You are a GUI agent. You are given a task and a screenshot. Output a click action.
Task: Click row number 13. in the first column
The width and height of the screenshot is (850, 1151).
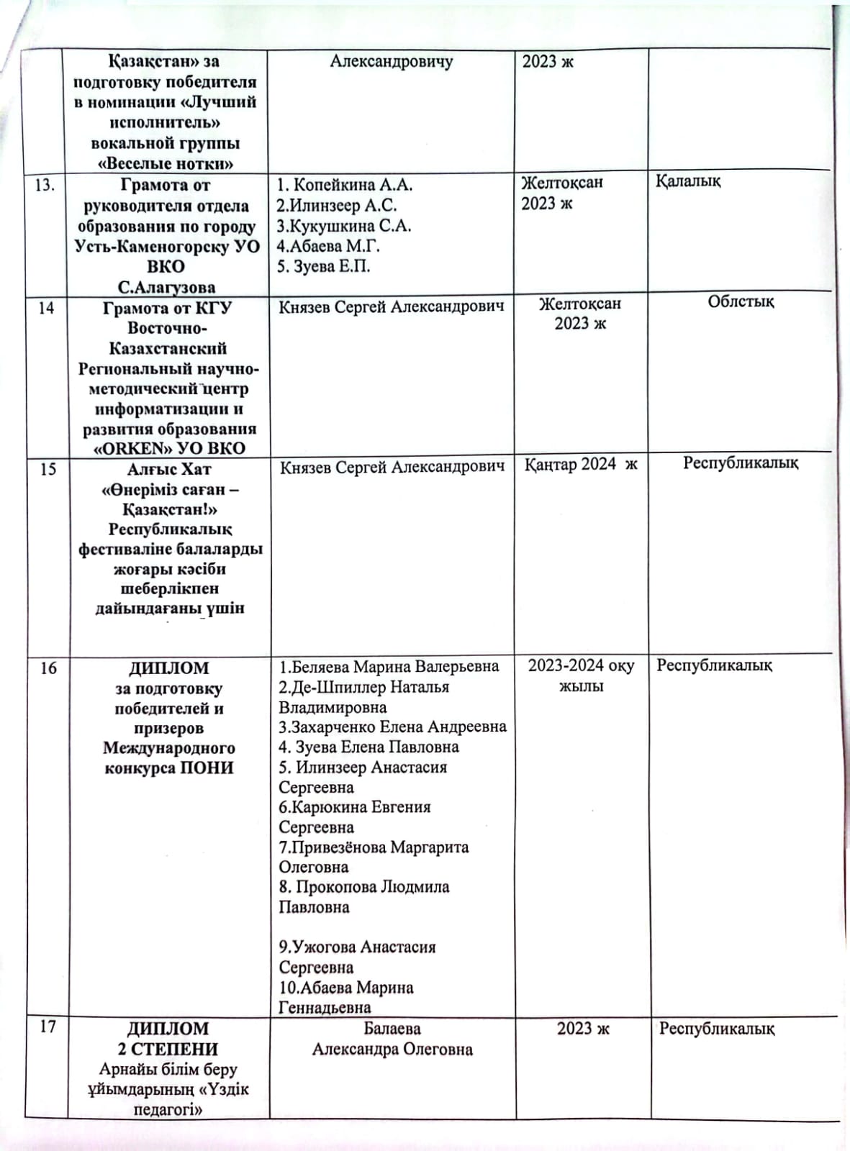[x=45, y=186]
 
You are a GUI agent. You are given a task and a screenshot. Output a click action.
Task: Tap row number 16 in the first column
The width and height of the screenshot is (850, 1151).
[x=48, y=668]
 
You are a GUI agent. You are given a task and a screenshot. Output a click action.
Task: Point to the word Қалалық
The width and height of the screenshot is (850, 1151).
[x=687, y=181]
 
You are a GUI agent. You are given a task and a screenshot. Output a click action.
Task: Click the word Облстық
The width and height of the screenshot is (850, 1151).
[x=741, y=302]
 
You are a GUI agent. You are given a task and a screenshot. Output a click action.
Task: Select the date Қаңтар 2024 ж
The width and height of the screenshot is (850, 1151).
[x=580, y=465]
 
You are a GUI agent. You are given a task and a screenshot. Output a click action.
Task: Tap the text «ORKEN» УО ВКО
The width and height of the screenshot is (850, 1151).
[x=170, y=448]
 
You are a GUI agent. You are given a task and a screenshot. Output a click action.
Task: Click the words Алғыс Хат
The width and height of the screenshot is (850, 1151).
[x=169, y=469]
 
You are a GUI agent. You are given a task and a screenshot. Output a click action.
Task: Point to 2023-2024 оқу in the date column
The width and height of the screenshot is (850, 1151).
[x=581, y=666]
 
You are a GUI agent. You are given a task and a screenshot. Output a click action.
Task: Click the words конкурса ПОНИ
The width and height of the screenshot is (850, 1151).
[x=169, y=768]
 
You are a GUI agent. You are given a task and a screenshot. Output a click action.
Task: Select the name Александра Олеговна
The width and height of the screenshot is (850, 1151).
[x=392, y=1050]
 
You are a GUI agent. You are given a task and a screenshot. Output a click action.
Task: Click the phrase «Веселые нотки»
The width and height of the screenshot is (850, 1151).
[x=166, y=163]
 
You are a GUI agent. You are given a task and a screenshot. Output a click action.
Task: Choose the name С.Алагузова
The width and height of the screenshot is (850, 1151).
[x=166, y=288]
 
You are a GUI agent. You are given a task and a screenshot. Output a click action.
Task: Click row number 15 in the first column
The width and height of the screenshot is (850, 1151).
[x=48, y=469]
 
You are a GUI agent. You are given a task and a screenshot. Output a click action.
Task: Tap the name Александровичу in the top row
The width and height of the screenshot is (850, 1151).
[x=392, y=62]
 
